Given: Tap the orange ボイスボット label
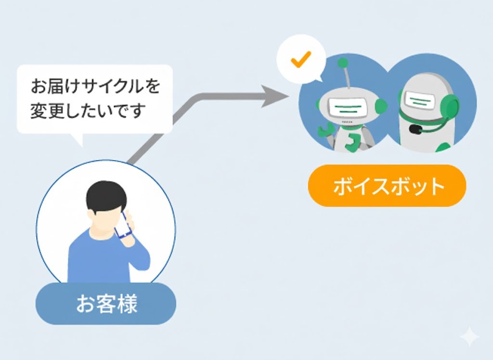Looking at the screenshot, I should coord(387,186).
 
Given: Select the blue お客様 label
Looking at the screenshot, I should coord(106,304).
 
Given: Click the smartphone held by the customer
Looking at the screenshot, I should coord(125,224).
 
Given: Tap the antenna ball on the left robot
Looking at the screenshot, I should coord(343,63).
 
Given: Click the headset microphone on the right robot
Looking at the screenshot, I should coord(414,129).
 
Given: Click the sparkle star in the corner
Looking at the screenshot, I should coord(469,337).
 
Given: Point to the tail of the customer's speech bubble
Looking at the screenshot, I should coord(78,139).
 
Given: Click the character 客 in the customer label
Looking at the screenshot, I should coord(106,304).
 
